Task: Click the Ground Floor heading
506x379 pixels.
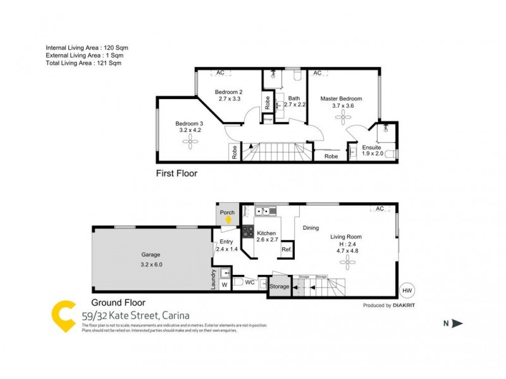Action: coord(118,302)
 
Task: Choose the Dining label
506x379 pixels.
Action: coord(311,228)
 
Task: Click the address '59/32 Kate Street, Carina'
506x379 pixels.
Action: coord(135,315)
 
